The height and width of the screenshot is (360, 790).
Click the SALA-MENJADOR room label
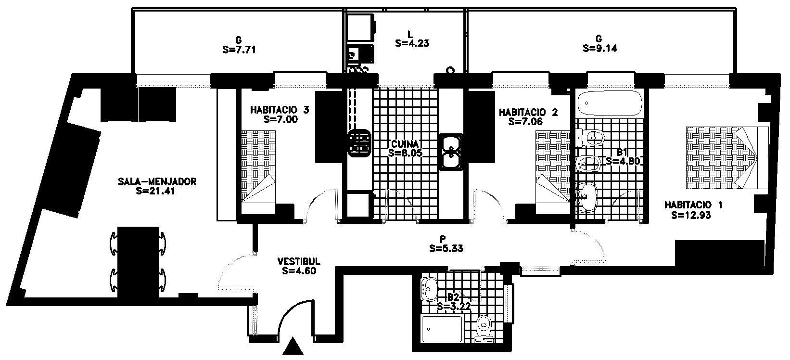tap(157, 182)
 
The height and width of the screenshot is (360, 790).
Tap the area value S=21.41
tap(155, 191)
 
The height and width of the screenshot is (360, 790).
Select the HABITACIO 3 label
tap(280, 110)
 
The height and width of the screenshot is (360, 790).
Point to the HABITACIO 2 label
tap(528, 113)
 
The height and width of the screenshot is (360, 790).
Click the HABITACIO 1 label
tap(693, 205)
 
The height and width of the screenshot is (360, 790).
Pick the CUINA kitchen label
tap(405, 144)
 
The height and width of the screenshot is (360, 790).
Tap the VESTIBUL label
tap(299, 262)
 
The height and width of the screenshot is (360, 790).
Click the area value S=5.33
tap(446, 249)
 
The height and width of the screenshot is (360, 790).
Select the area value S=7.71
tap(239, 50)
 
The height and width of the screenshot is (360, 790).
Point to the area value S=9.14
tap(600, 48)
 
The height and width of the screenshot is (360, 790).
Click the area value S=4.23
tap(412, 43)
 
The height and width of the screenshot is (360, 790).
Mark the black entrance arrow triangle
tap(293, 346)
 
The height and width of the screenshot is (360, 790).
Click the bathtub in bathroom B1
tap(610, 103)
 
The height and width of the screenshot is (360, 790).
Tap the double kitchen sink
tap(451, 152)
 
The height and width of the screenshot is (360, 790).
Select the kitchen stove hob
tap(359, 143)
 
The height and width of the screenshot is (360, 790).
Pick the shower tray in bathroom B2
tap(442, 329)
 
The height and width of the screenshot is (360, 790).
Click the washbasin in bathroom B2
tap(429, 289)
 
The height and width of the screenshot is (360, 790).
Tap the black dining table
tap(138, 263)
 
